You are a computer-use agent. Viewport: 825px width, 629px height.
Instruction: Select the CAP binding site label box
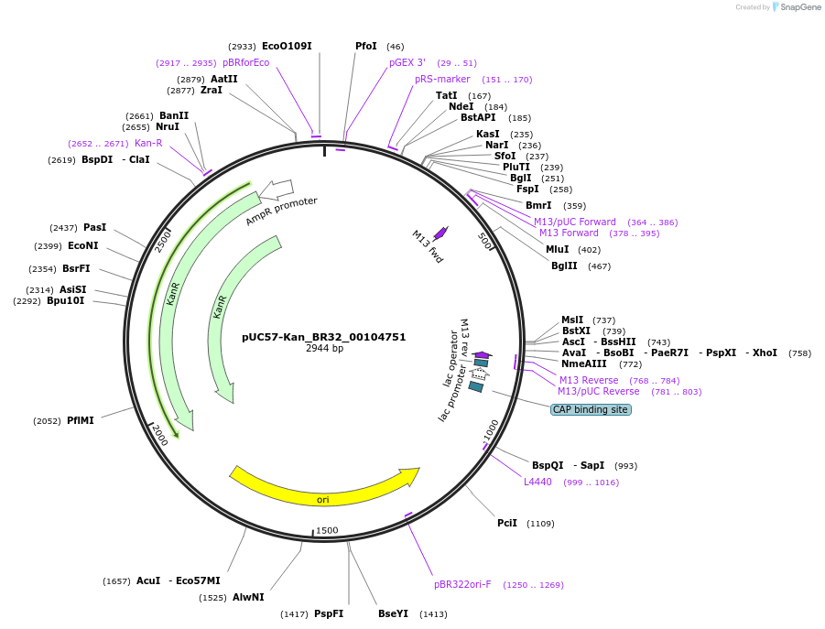(x=591, y=409)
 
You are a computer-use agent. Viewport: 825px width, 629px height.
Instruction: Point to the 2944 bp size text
(x=324, y=349)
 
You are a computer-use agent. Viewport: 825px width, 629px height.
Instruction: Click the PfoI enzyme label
(x=366, y=46)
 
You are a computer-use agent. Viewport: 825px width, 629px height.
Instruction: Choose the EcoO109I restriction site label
(x=287, y=46)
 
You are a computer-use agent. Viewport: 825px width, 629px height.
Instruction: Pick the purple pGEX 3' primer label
(x=407, y=62)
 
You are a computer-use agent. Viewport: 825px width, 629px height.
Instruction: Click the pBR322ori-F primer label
(x=462, y=584)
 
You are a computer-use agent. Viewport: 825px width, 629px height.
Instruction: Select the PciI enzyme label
(x=507, y=523)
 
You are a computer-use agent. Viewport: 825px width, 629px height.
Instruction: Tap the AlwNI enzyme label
(x=248, y=597)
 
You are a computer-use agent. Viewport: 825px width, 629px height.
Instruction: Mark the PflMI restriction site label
(x=81, y=420)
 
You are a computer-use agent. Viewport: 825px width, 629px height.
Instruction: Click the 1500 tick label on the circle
(x=327, y=530)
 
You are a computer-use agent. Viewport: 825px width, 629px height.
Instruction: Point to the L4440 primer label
(x=537, y=482)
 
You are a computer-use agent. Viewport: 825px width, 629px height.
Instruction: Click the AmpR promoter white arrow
(x=276, y=190)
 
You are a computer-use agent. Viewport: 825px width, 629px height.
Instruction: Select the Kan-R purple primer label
(x=148, y=143)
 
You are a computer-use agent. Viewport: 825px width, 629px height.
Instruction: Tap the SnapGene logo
(x=797, y=7)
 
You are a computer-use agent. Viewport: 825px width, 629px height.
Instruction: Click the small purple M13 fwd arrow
(x=440, y=233)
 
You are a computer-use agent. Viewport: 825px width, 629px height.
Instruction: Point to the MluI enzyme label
(x=558, y=249)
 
